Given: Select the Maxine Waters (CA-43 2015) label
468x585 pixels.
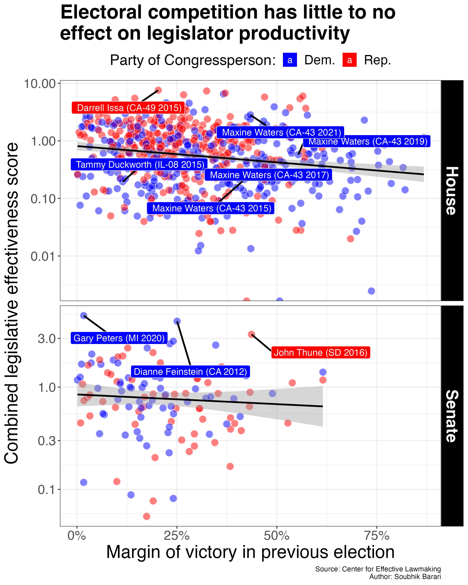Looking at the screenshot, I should pyautogui.click(x=212, y=208).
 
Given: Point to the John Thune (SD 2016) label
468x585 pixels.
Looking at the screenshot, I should pyautogui.click(x=320, y=353).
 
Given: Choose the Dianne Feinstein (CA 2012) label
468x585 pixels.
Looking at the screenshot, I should pyautogui.click(x=190, y=371).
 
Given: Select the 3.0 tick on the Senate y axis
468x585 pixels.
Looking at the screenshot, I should pyautogui.click(x=47, y=339).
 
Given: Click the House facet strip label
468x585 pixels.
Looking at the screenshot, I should pyautogui.click(x=452, y=191).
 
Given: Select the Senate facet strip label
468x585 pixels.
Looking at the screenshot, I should pyautogui.click(x=452, y=416).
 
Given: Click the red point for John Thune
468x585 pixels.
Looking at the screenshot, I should pyautogui.click(x=251, y=334).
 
